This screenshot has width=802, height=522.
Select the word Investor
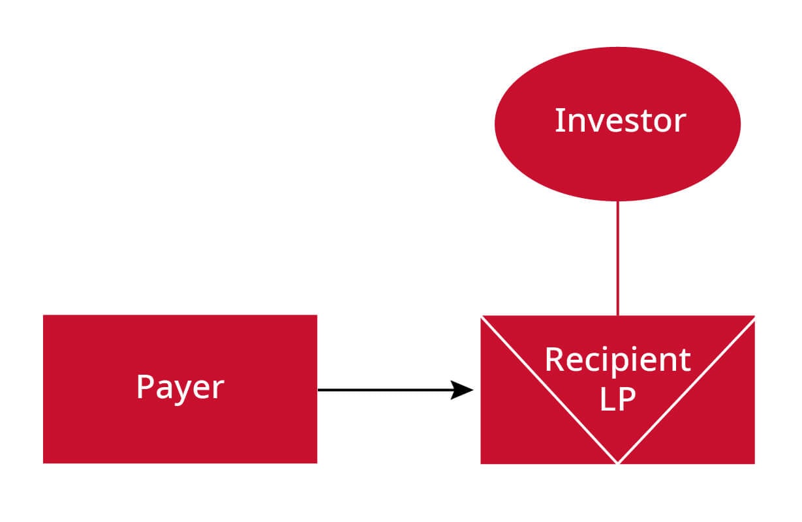tap(619, 121)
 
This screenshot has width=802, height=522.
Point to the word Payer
tap(180, 387)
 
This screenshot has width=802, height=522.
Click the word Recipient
tap(617, 359)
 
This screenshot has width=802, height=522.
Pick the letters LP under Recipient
tap(617, 399)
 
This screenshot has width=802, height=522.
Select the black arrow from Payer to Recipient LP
tap(385, 390)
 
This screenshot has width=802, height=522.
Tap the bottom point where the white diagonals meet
tap(617, 462)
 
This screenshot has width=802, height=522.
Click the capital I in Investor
tap(559, 121)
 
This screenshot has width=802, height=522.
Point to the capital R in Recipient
tap(553, 359)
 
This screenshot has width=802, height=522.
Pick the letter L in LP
tap(607, 399)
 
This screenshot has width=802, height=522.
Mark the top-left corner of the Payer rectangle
tap(44, 316)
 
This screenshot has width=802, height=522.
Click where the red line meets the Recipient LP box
tap(617, 316)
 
